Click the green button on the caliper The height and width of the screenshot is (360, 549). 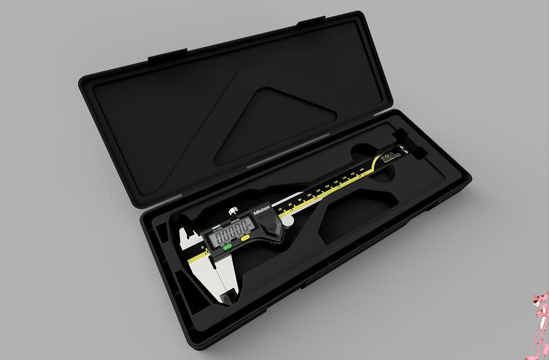coord(228,247)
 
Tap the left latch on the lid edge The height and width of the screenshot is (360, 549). coord(166,57)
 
